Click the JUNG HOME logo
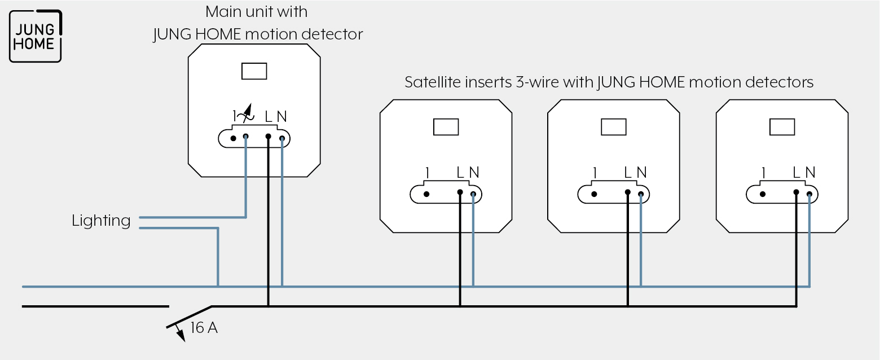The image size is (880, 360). tap(36, 36)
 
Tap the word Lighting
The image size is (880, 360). tap(101, 221)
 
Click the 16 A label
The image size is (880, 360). tap(204, 328)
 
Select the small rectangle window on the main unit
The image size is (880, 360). tap(254, 71)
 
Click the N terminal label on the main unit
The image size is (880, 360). tap(281, 116)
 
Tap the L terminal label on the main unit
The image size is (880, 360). tap(269, 116)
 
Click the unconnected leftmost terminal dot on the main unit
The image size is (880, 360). tap(234, 138)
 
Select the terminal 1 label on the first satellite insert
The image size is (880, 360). tap(428, 173)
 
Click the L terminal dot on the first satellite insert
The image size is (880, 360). tap(460, 192)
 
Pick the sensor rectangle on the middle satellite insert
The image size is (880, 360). tap(614, 127)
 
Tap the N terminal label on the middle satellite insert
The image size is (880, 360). tap(641, 172)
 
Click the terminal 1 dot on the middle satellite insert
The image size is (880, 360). tap(594, 194)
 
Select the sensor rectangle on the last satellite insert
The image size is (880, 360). tap(782, 127)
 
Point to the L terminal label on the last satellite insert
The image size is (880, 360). tap(797, 172)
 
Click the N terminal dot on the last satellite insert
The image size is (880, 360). tap(809, 194)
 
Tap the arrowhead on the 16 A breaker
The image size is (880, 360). tap(181, 335)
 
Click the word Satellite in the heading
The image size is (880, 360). tap(433, 82)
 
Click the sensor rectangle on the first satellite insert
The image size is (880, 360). tap(446, 127)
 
